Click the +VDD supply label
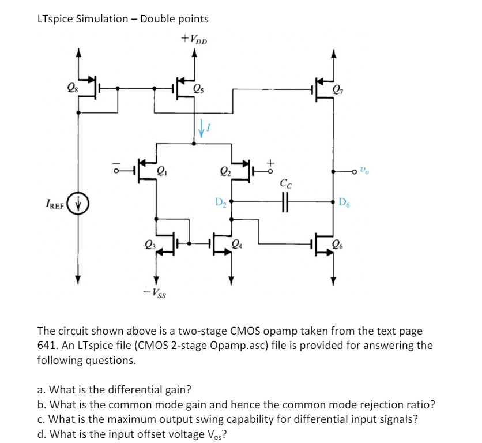pos(194,40)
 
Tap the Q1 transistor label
pos(163,170)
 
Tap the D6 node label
pos(344,202)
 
